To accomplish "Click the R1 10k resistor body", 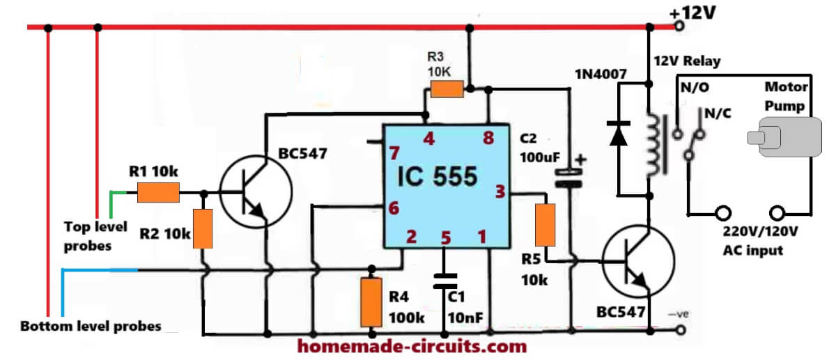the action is [158, 192].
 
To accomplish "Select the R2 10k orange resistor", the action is [203, 228].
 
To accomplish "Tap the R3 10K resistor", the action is [447, 89].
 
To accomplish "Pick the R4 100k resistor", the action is [371, 302].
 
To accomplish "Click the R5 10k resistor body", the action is [545, 225].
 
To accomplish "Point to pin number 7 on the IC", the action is [394, 153].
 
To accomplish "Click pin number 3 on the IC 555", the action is [500, 191].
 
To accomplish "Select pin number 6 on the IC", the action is [394, 208].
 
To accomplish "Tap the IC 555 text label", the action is [437, 176].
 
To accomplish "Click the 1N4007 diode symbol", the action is [618, 133].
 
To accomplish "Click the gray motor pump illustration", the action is [784, 137].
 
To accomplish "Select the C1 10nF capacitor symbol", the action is [444, 281].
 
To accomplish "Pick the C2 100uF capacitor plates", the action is [568, 178].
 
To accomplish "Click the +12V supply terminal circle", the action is [680, 26].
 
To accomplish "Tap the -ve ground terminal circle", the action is [681, 330].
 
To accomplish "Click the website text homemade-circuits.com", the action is [412, 347].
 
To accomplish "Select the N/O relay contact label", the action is [695, 87].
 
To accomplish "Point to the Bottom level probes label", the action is [91, 326].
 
